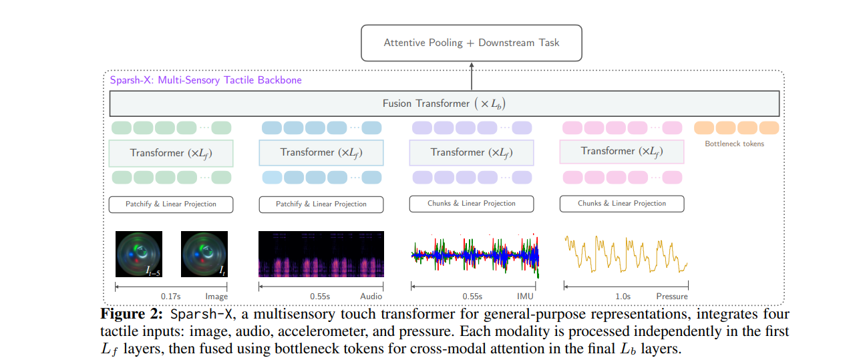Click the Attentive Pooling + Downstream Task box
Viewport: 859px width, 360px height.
click(x=471, y=43)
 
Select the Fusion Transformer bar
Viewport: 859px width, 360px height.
click(x=444, y=104)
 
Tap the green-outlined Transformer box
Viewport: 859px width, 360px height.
click(x=170, y=153)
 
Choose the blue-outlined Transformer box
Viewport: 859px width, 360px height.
click(x=321, y=152)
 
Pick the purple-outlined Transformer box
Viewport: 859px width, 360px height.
click(x=471, y=152)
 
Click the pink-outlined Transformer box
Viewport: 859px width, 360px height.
click(x=621, y=151)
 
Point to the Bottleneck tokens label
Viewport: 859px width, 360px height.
click(x=734, y=144)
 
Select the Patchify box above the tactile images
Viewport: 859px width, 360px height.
click(x=170, y=204)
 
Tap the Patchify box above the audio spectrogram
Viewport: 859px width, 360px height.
click(x=321, y=204)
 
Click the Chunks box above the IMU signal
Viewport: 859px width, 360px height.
click(x=471, y=203)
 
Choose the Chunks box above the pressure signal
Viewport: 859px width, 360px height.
click(x=621, y=203)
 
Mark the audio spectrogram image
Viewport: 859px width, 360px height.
click(x=321, y=254)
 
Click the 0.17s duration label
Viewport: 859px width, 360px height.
click(x=170, y=297)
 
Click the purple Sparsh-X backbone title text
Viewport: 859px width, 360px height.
click(x=206, y=80)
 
